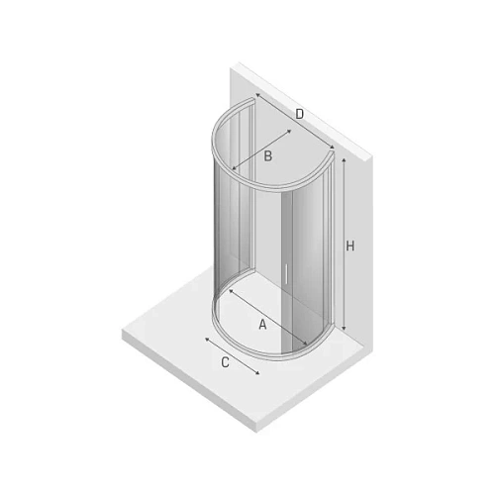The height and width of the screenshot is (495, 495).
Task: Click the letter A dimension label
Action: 262,325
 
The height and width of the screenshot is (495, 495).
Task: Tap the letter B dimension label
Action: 268,155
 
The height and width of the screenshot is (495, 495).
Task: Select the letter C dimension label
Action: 225,362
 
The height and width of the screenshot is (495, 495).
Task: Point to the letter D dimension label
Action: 299,114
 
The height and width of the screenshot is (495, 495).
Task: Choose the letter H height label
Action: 350,246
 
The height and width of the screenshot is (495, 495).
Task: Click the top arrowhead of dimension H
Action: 344,159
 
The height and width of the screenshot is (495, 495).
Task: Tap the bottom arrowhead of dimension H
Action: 344,329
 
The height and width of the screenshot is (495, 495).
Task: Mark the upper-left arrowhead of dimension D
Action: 257,95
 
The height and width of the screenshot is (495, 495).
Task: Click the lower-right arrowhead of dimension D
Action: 333,148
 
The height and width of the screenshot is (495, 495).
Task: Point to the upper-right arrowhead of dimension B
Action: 289,131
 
